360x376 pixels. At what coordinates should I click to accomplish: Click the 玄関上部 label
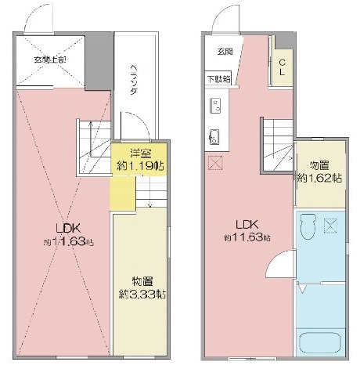(49, 59)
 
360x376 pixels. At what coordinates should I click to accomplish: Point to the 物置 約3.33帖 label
(142, 287)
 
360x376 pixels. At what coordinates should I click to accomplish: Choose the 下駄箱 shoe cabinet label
(219, 78)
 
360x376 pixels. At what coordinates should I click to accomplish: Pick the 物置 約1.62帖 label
(319, 172)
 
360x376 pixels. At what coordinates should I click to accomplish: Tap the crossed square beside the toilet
(332, 227)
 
